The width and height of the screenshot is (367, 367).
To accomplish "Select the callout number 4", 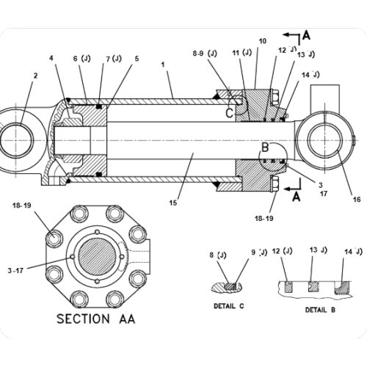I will (51, 58).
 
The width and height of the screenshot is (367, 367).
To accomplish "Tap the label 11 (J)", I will (241, 54).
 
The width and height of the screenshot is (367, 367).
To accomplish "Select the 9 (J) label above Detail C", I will (258, 254).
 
